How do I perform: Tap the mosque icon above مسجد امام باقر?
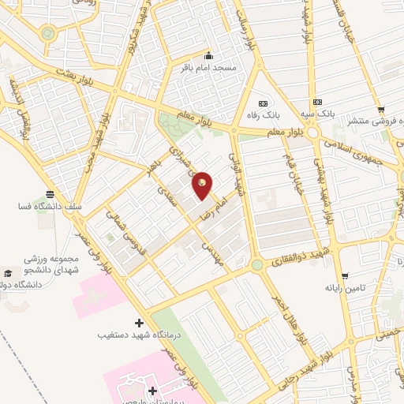click(208, 55)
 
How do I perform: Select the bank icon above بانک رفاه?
click(263, 103)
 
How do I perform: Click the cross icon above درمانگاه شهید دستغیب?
click(140, 323)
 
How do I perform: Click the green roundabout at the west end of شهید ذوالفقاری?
click(257, 264)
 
